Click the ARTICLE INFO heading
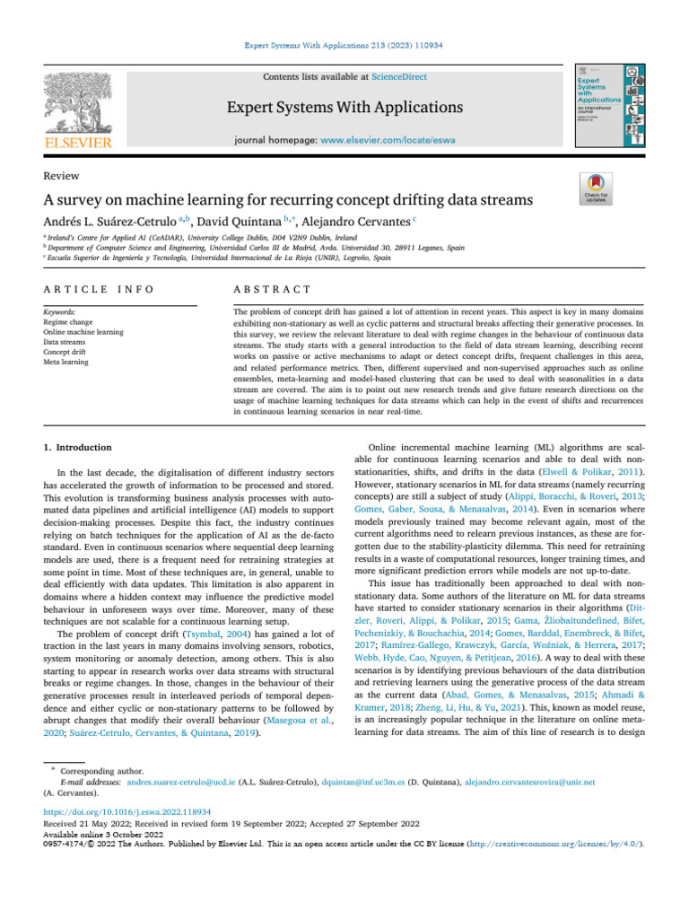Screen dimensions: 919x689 [99, 289]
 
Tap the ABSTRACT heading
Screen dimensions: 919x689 [272, 289]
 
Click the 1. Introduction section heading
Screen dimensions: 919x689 [79, 447]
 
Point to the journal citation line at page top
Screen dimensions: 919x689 [345, 43]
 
